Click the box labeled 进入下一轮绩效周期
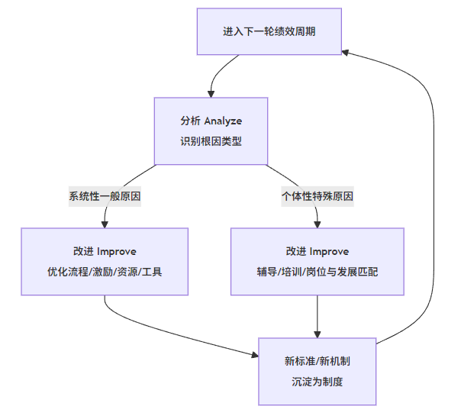click(269, 32)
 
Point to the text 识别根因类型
click(211, 141)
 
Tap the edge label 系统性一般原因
click(105, 196)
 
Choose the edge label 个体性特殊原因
click(317, 196)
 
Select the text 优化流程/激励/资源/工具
click(105, 272)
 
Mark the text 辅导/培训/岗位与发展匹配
click(317, 272)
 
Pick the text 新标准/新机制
click(317, 361)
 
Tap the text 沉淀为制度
click(317, 381)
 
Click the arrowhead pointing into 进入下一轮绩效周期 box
click(346, 52)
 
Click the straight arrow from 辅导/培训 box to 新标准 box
click(317, 314)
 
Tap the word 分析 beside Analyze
click(189, 121)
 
